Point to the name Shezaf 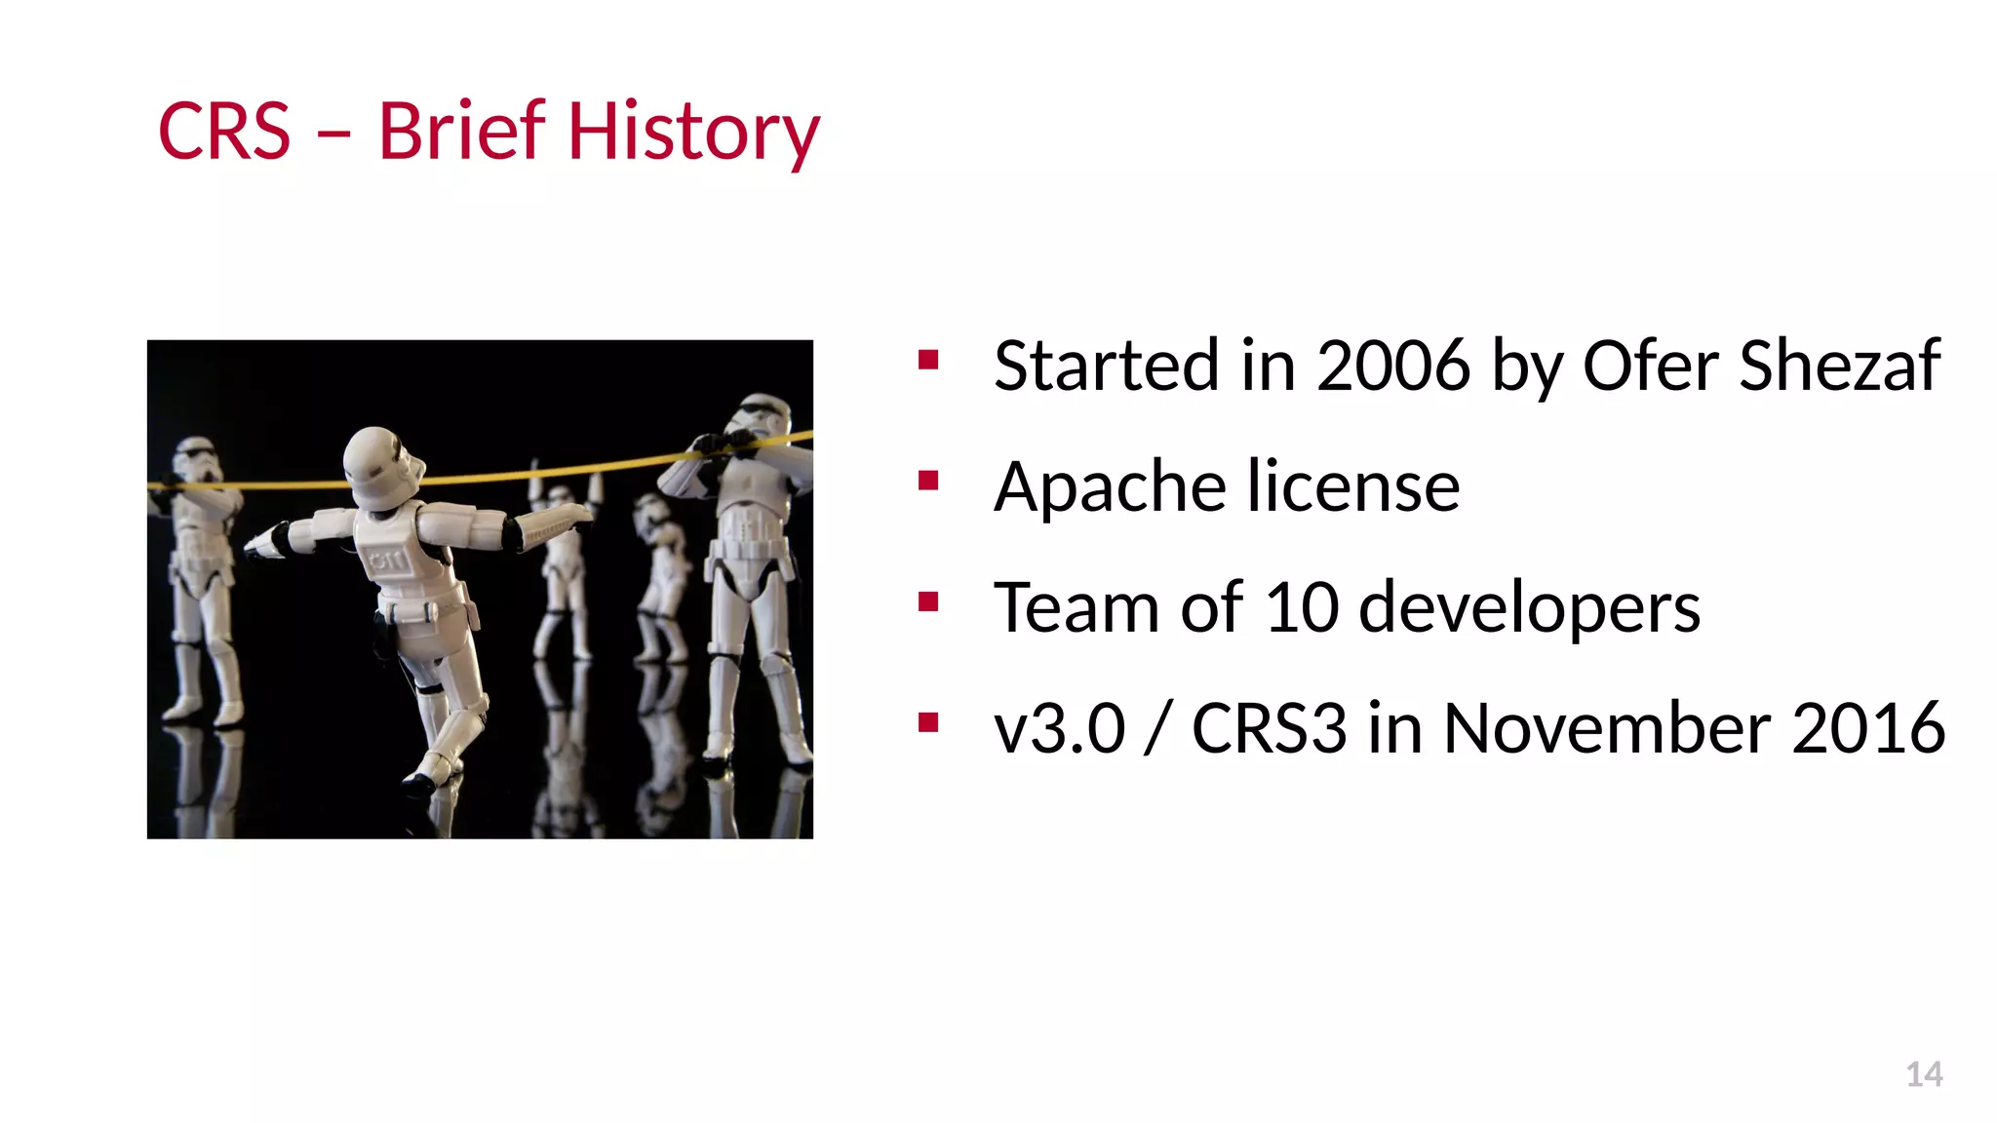(1839, 366)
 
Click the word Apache (1110, 486)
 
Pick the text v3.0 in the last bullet (1059, 728)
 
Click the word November (1606, 728)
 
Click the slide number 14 (1924, 1074)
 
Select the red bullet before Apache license (928, 481)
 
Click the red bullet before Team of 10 (928, 601)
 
